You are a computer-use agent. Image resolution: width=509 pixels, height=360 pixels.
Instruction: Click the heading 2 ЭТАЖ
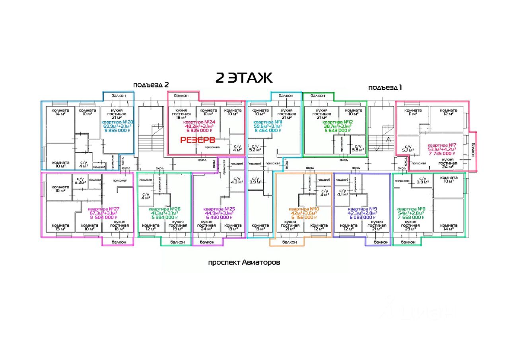coord(244,78)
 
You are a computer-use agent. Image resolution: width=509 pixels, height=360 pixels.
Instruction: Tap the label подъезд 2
coord(151,85)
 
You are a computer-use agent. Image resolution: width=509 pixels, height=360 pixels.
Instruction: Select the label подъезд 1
coord(385,87)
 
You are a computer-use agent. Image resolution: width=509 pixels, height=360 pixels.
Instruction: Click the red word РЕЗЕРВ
coord(198,140)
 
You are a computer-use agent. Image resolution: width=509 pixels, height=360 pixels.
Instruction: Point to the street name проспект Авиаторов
coord(244,263)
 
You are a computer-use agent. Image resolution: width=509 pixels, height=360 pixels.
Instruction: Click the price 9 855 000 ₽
coord(117,130)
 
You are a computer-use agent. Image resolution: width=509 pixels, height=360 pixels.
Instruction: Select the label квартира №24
coord(197,122)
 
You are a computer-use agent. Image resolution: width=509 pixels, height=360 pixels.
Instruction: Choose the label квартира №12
coord(336,122)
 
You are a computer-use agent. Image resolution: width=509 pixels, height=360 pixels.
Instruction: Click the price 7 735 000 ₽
coord(441,153)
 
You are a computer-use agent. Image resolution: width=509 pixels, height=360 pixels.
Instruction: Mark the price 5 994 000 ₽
coord(164,217)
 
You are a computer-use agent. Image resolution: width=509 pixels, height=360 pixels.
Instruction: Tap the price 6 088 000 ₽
coord(361,217)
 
